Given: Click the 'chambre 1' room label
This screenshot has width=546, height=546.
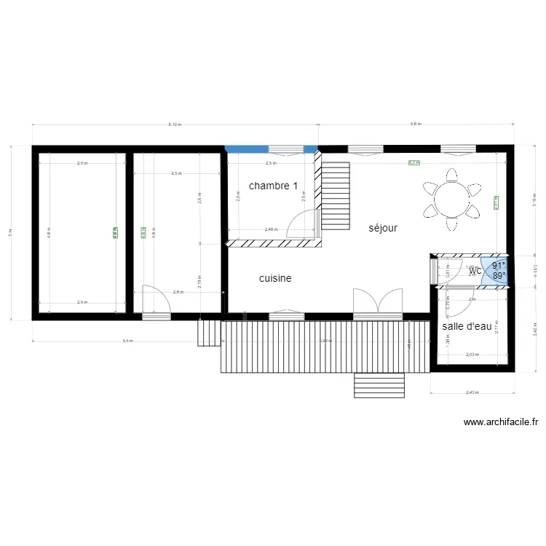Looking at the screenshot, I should pos(273,186).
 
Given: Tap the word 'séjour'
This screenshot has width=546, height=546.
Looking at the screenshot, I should pos(383,228).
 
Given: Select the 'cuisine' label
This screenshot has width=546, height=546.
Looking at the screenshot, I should pos(275,278).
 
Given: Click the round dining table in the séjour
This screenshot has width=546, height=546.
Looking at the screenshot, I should pos(452,197).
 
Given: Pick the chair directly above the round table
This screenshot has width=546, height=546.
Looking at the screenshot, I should pos(452,175).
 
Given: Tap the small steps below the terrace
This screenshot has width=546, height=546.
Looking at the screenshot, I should pos(379,385).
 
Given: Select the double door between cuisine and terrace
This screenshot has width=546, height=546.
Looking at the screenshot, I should pos(378,304).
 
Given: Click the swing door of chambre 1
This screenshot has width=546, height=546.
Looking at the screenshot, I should pos(303,223).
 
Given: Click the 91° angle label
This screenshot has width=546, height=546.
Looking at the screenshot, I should pos(499,266).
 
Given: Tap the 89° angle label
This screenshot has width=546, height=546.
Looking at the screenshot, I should pos(499,276).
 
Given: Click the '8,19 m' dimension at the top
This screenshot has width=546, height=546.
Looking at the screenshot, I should pos(175,124).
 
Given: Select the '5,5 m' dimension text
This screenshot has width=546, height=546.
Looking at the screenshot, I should pos(127,341).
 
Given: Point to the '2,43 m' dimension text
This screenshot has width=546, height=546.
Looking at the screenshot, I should pos(472,393).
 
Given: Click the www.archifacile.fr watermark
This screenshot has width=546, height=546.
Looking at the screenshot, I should pos(500,422).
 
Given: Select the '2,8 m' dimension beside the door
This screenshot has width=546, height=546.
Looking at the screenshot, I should pos(178,292).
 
